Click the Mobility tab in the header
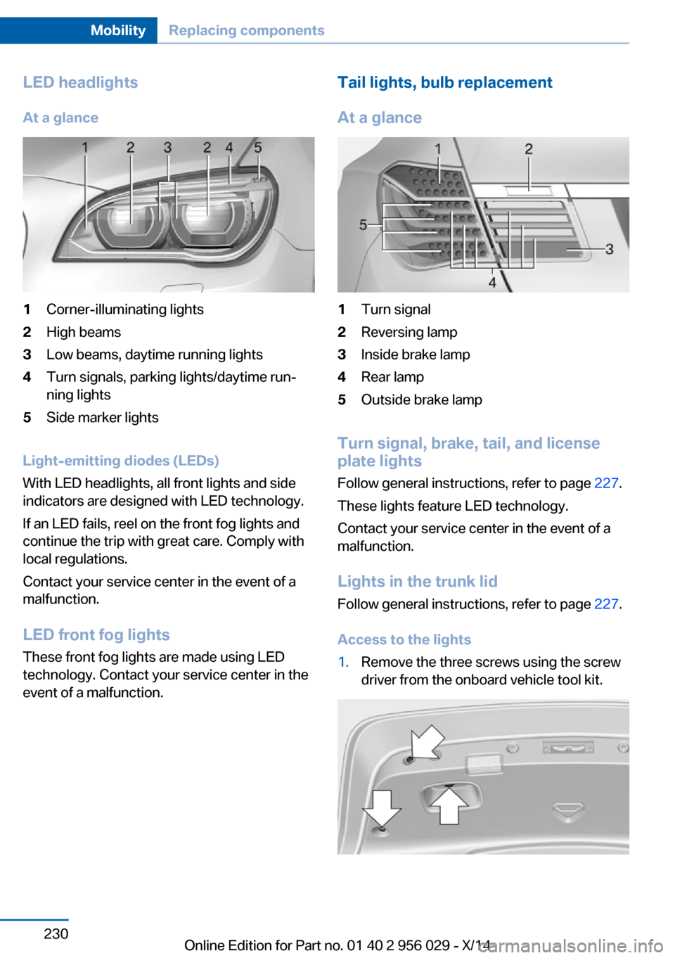point(118,30)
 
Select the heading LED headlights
point(80,82)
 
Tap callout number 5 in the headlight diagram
point(258,148)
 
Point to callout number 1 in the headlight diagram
point(86,148)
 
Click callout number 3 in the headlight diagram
point(167,148)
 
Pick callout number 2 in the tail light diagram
point(529,149)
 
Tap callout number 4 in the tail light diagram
point(492,282)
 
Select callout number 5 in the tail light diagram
point(363,224)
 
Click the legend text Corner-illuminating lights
point(125,309)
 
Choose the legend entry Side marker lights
point(103,417)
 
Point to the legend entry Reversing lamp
point(409,332)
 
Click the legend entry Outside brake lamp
point(421,400)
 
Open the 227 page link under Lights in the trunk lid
point(606,604)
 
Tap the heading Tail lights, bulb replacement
point(445,82)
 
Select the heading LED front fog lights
point(96,634)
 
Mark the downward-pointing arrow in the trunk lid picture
point(382,808)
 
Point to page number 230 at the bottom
point(56,933)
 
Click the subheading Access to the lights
point(404,639)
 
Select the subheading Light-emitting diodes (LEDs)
point(121,461)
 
